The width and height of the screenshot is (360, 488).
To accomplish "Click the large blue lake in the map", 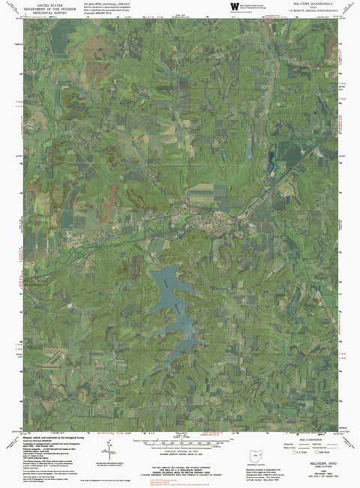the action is coord(175,295).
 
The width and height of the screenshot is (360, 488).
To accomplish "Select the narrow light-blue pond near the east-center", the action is coord(247,149).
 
